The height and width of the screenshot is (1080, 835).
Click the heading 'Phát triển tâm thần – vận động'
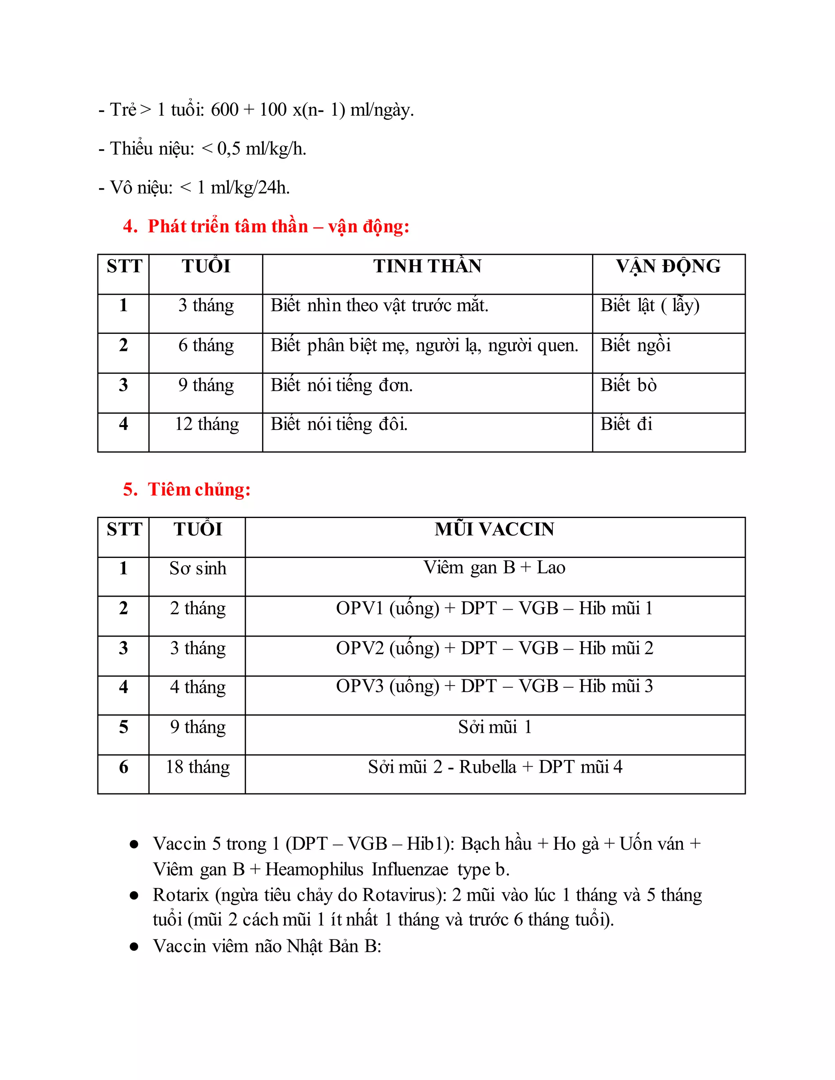(278, 227)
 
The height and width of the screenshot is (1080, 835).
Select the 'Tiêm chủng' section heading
(199, 489)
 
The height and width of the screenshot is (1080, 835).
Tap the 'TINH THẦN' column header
(427, 267)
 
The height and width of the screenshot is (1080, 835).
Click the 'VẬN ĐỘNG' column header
(668, 267)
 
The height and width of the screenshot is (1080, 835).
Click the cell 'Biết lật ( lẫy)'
(649, 306)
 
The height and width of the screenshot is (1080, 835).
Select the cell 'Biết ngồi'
(635, 345)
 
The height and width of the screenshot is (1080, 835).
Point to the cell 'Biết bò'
(628, 385)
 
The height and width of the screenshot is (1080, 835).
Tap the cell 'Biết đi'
(626, 424)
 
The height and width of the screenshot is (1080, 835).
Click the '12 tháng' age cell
(206, 424)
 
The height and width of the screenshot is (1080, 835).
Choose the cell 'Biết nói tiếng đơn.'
(341, 385)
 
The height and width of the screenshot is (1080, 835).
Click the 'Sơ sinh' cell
(197, 568)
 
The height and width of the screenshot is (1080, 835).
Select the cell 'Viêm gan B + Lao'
(494, 568)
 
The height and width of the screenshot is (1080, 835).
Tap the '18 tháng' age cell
(197, 767)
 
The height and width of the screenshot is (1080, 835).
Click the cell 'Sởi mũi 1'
(494, 727)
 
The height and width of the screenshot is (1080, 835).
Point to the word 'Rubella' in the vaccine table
(487, 767)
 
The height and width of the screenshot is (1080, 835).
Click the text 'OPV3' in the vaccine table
(360, 686)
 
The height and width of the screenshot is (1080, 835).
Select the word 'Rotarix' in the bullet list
(181, 895)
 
